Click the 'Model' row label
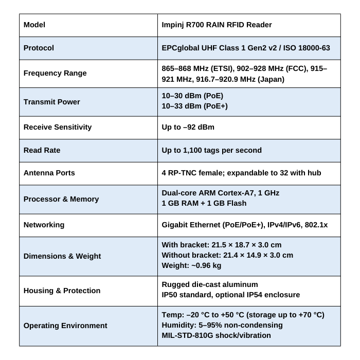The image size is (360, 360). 34,25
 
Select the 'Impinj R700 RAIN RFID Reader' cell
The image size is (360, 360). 217,25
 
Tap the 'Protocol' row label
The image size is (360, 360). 39,48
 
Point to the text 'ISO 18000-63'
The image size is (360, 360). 305,48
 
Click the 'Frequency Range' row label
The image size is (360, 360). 55,73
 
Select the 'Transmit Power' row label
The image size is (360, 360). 52,102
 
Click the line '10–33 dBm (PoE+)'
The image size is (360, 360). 194,106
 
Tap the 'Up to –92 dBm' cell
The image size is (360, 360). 188,127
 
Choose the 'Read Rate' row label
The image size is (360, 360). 42,150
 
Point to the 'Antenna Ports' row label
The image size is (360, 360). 49,173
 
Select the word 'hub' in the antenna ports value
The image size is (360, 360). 314,173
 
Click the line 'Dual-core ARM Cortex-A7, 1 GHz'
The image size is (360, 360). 220,193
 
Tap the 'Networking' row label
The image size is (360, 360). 44,225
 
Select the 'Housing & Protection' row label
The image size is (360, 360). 62,291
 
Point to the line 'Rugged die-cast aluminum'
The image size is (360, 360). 210,284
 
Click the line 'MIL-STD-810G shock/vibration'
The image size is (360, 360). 216,335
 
